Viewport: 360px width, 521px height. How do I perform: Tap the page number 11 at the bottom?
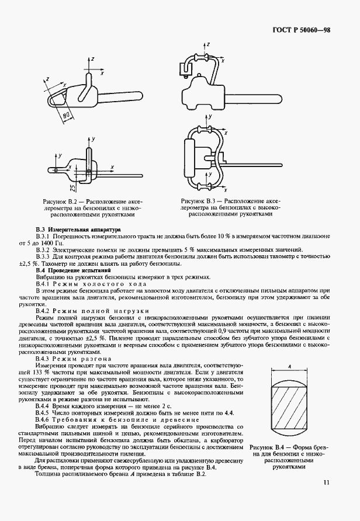(x=326, y=482)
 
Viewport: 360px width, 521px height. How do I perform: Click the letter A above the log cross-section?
(x=290, y=366)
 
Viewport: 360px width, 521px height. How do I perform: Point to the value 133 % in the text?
(x=50, y=372)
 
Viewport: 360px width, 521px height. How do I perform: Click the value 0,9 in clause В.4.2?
(x=230, y=331)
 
